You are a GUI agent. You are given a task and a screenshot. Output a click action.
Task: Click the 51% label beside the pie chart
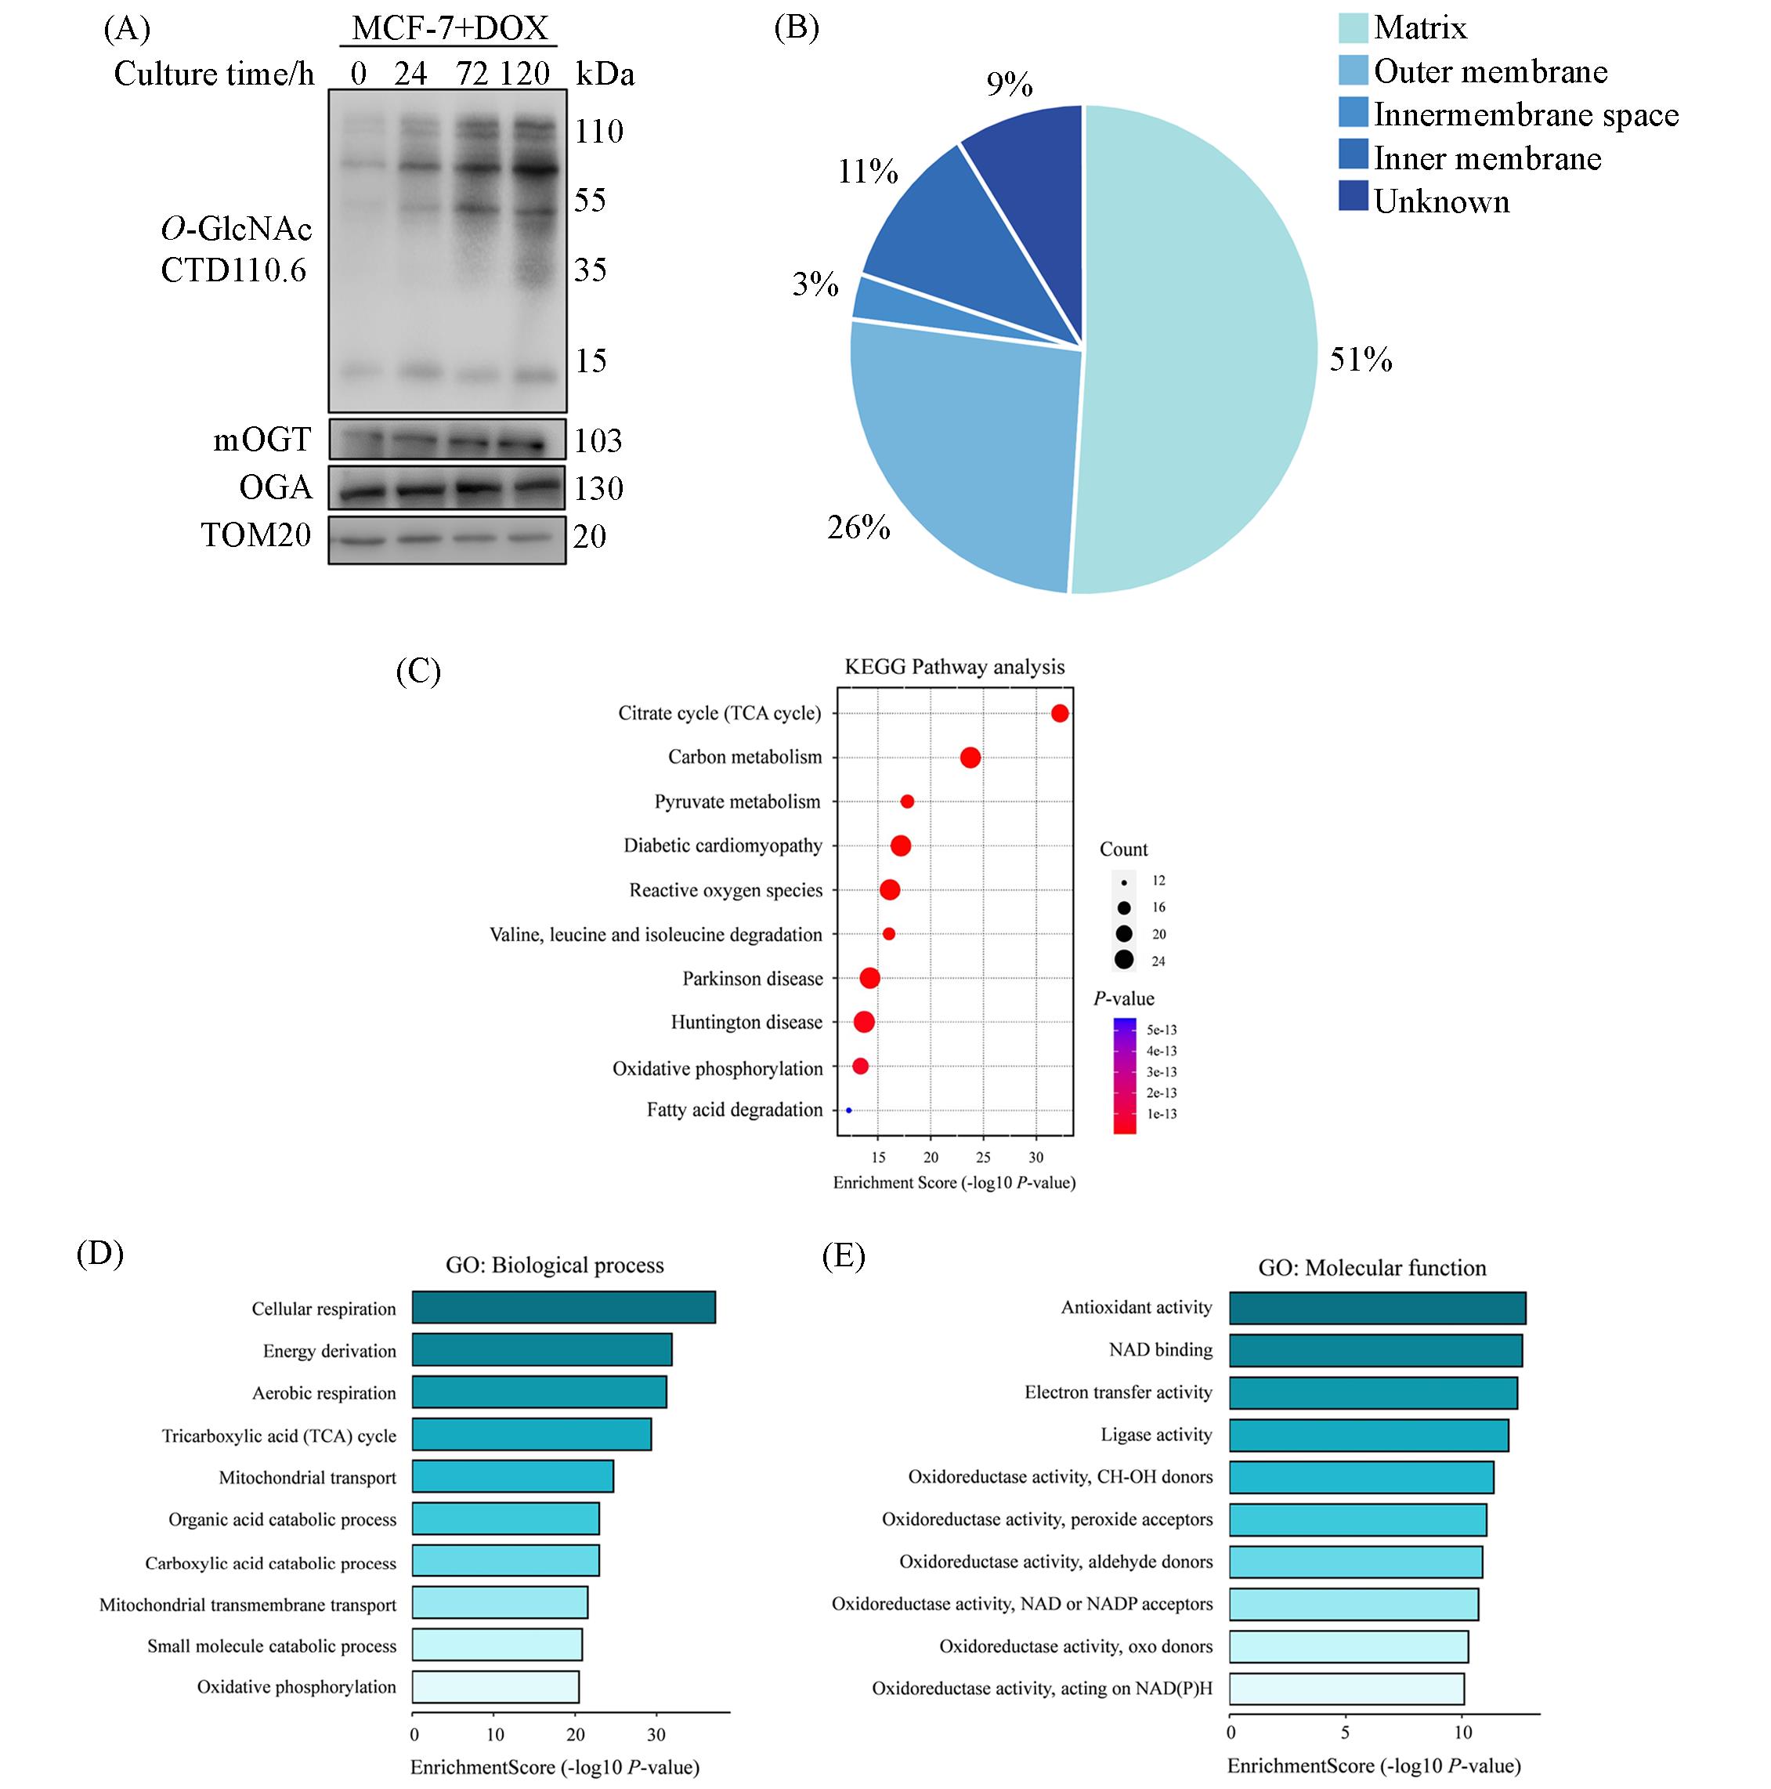pos(1360,359)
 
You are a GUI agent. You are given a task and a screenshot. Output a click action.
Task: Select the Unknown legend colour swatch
pos(1353,197)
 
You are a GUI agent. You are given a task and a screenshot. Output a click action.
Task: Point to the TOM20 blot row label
pos(256,535)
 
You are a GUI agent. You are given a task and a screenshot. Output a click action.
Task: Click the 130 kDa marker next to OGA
pos(598,488)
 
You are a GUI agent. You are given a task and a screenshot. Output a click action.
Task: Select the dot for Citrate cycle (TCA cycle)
pos(1060,713)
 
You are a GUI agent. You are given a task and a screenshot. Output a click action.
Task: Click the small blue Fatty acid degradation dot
pos(848,1110)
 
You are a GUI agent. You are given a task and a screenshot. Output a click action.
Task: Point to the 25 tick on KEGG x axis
pos(983,1157)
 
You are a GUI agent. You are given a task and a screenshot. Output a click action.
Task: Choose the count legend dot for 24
pos(1124,960)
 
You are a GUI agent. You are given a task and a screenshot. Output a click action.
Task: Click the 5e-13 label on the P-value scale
pos(1161,1030)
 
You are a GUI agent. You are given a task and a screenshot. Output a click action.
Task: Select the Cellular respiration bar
pos(563,1308)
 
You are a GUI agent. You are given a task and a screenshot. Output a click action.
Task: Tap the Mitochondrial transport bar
pos(512,1477)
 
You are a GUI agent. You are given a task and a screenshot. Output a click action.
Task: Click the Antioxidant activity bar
pos(1377,1308)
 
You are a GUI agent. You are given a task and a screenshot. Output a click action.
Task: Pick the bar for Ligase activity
pos(1368,1434)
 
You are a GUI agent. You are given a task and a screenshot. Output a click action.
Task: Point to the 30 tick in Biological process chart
pos(656,1734)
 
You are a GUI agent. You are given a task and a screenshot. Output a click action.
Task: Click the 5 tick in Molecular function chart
pos(1345,1732)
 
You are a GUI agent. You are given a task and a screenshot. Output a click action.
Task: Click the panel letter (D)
pos(100,1253)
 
